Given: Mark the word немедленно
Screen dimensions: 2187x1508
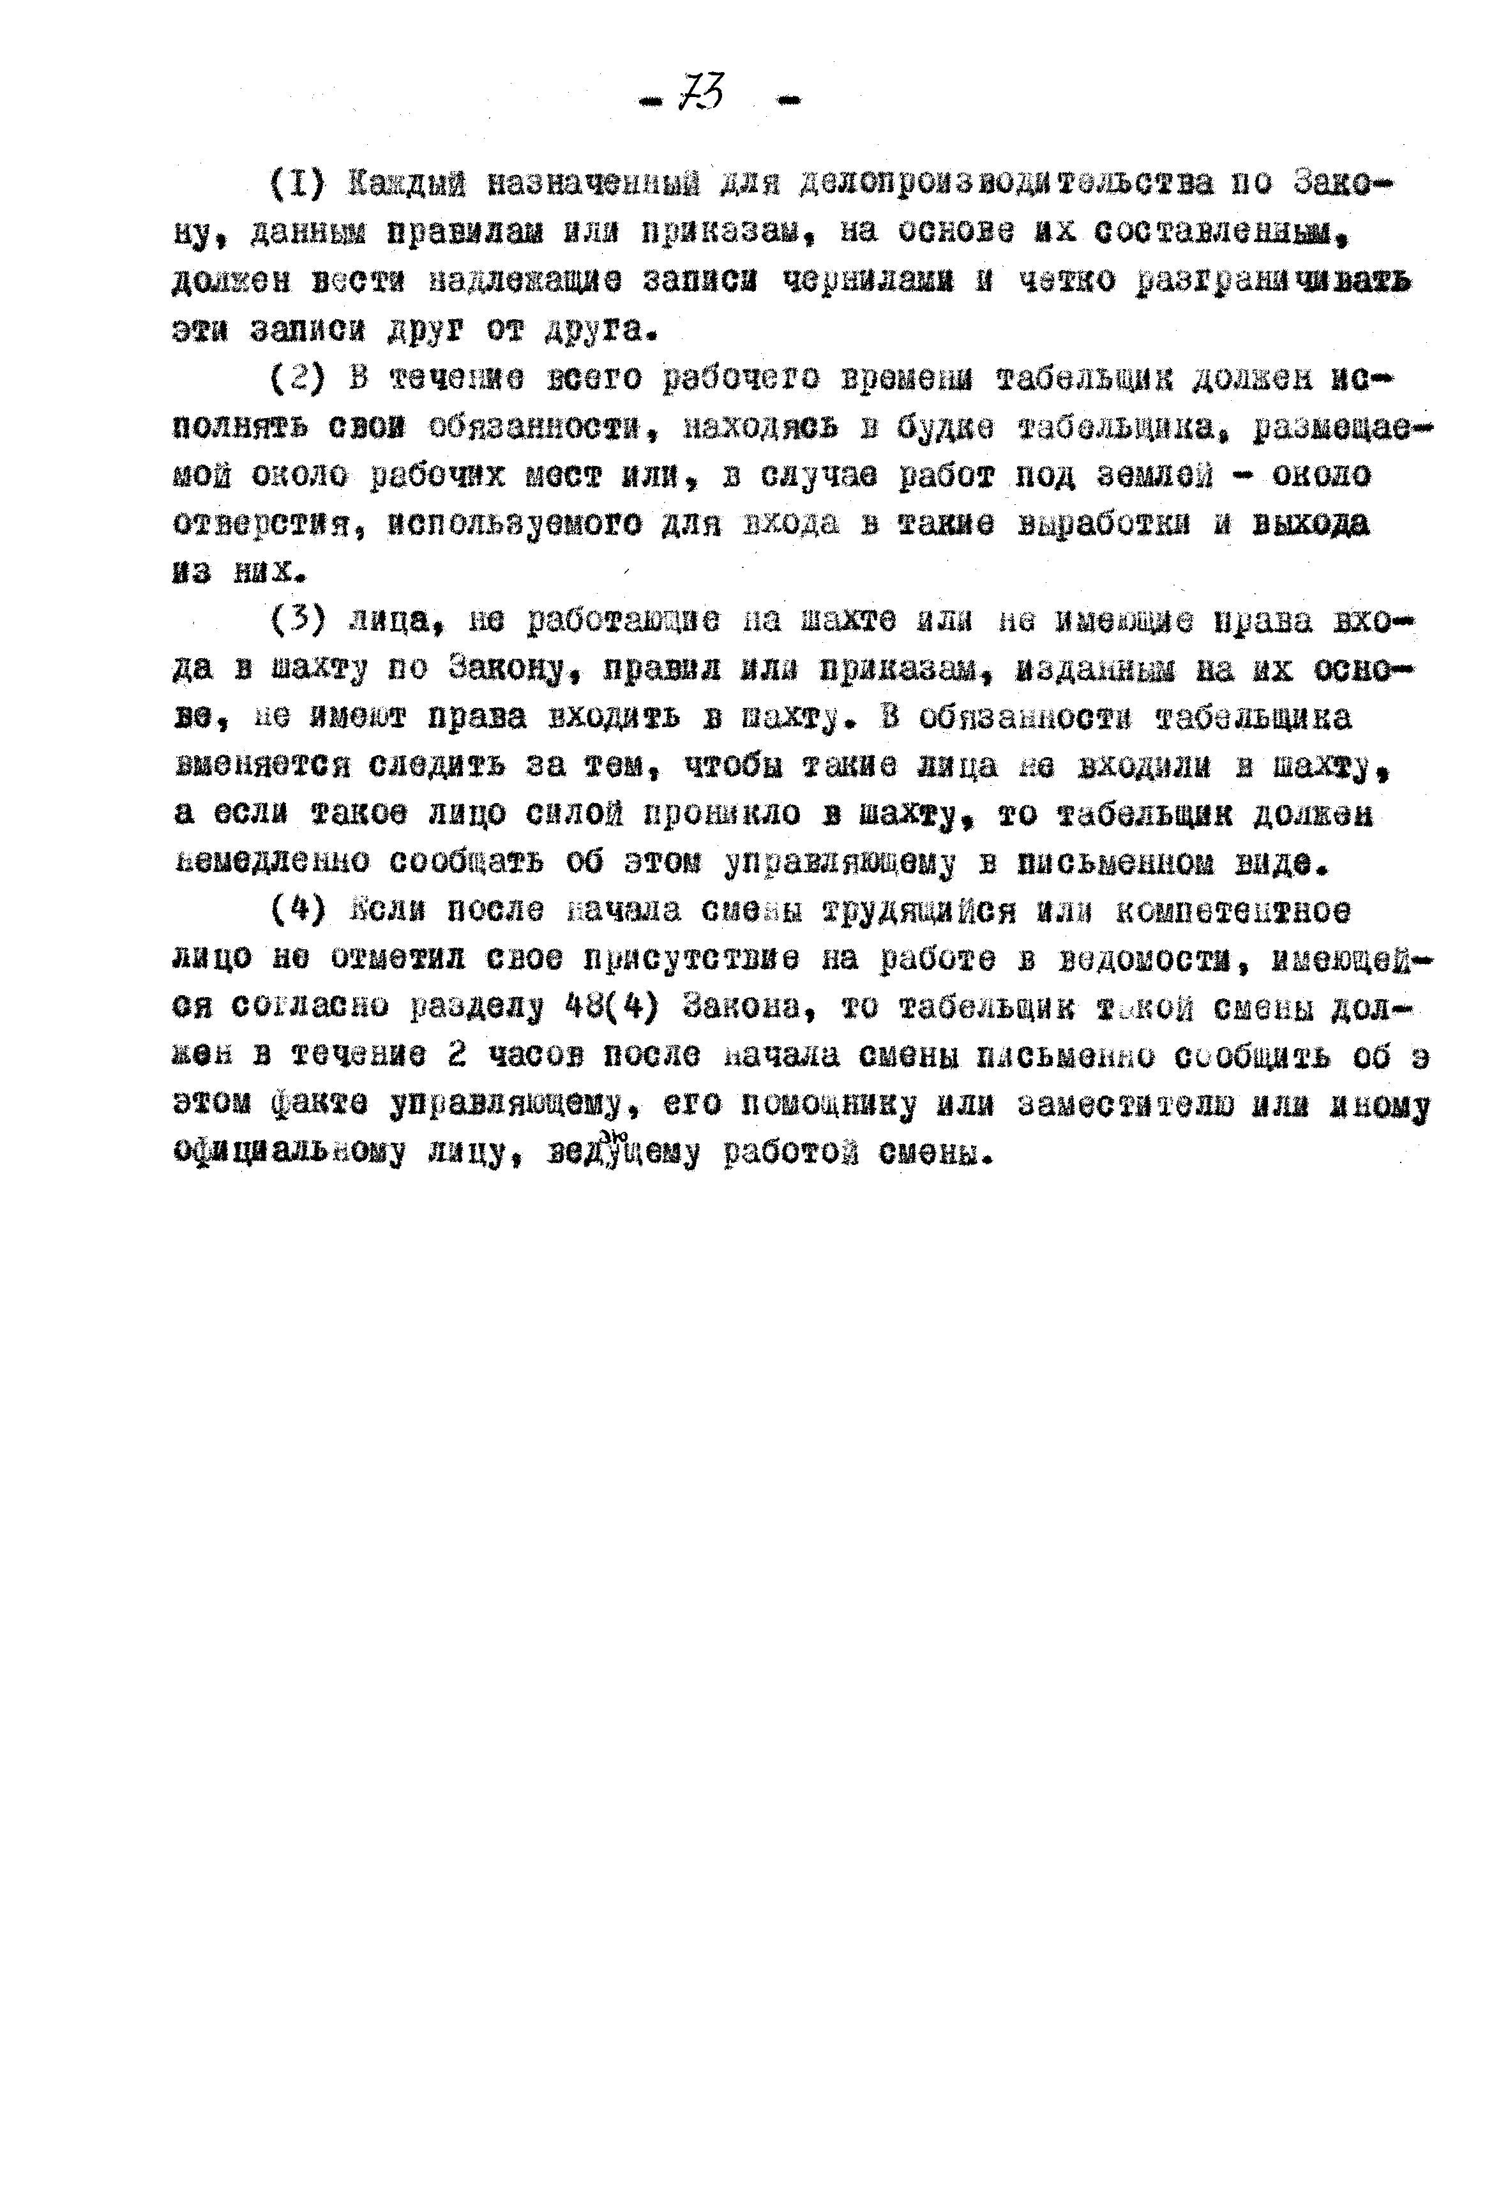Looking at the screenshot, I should coord(270,862).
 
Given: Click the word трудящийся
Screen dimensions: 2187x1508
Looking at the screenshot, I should coord(919,911).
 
